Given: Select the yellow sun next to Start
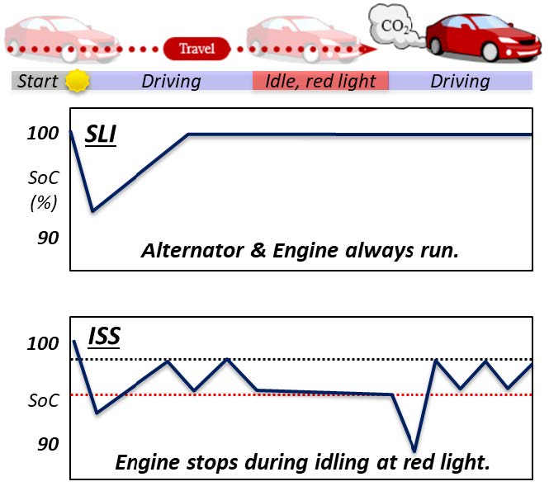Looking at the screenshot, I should (x=77, y=81).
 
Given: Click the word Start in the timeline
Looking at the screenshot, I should (x=38, y=81).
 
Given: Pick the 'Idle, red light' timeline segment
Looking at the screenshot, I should (x=320, y=81).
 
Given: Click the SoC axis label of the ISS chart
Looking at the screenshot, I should (x=44, y=401).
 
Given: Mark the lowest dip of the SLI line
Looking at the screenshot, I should (x=92, y=210).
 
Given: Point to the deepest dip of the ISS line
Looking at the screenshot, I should (x=414, y=451).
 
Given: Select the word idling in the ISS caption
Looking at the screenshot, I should (x=337, y=461).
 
